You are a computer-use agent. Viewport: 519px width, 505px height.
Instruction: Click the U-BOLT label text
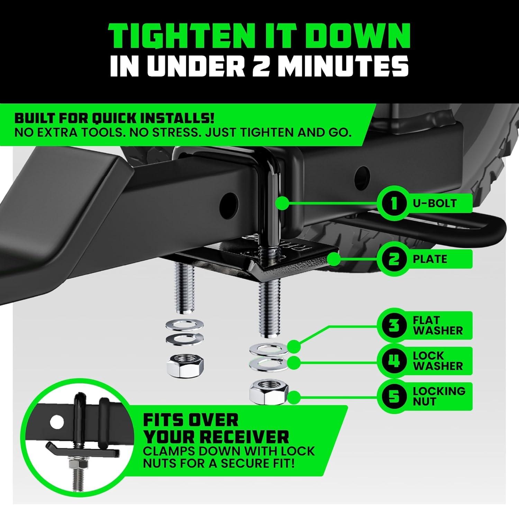(x=435, y=203)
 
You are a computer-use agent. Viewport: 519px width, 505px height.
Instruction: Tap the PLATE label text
(x=430, y=259)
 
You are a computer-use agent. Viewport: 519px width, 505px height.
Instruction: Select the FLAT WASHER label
(x=438, y=326)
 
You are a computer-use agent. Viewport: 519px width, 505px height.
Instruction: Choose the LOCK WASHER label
(x=438, y=361)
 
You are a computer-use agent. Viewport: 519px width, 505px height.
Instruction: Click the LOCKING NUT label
(x=439, y=396)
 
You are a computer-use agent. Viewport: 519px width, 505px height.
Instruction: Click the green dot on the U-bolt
(x=283, y=203)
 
